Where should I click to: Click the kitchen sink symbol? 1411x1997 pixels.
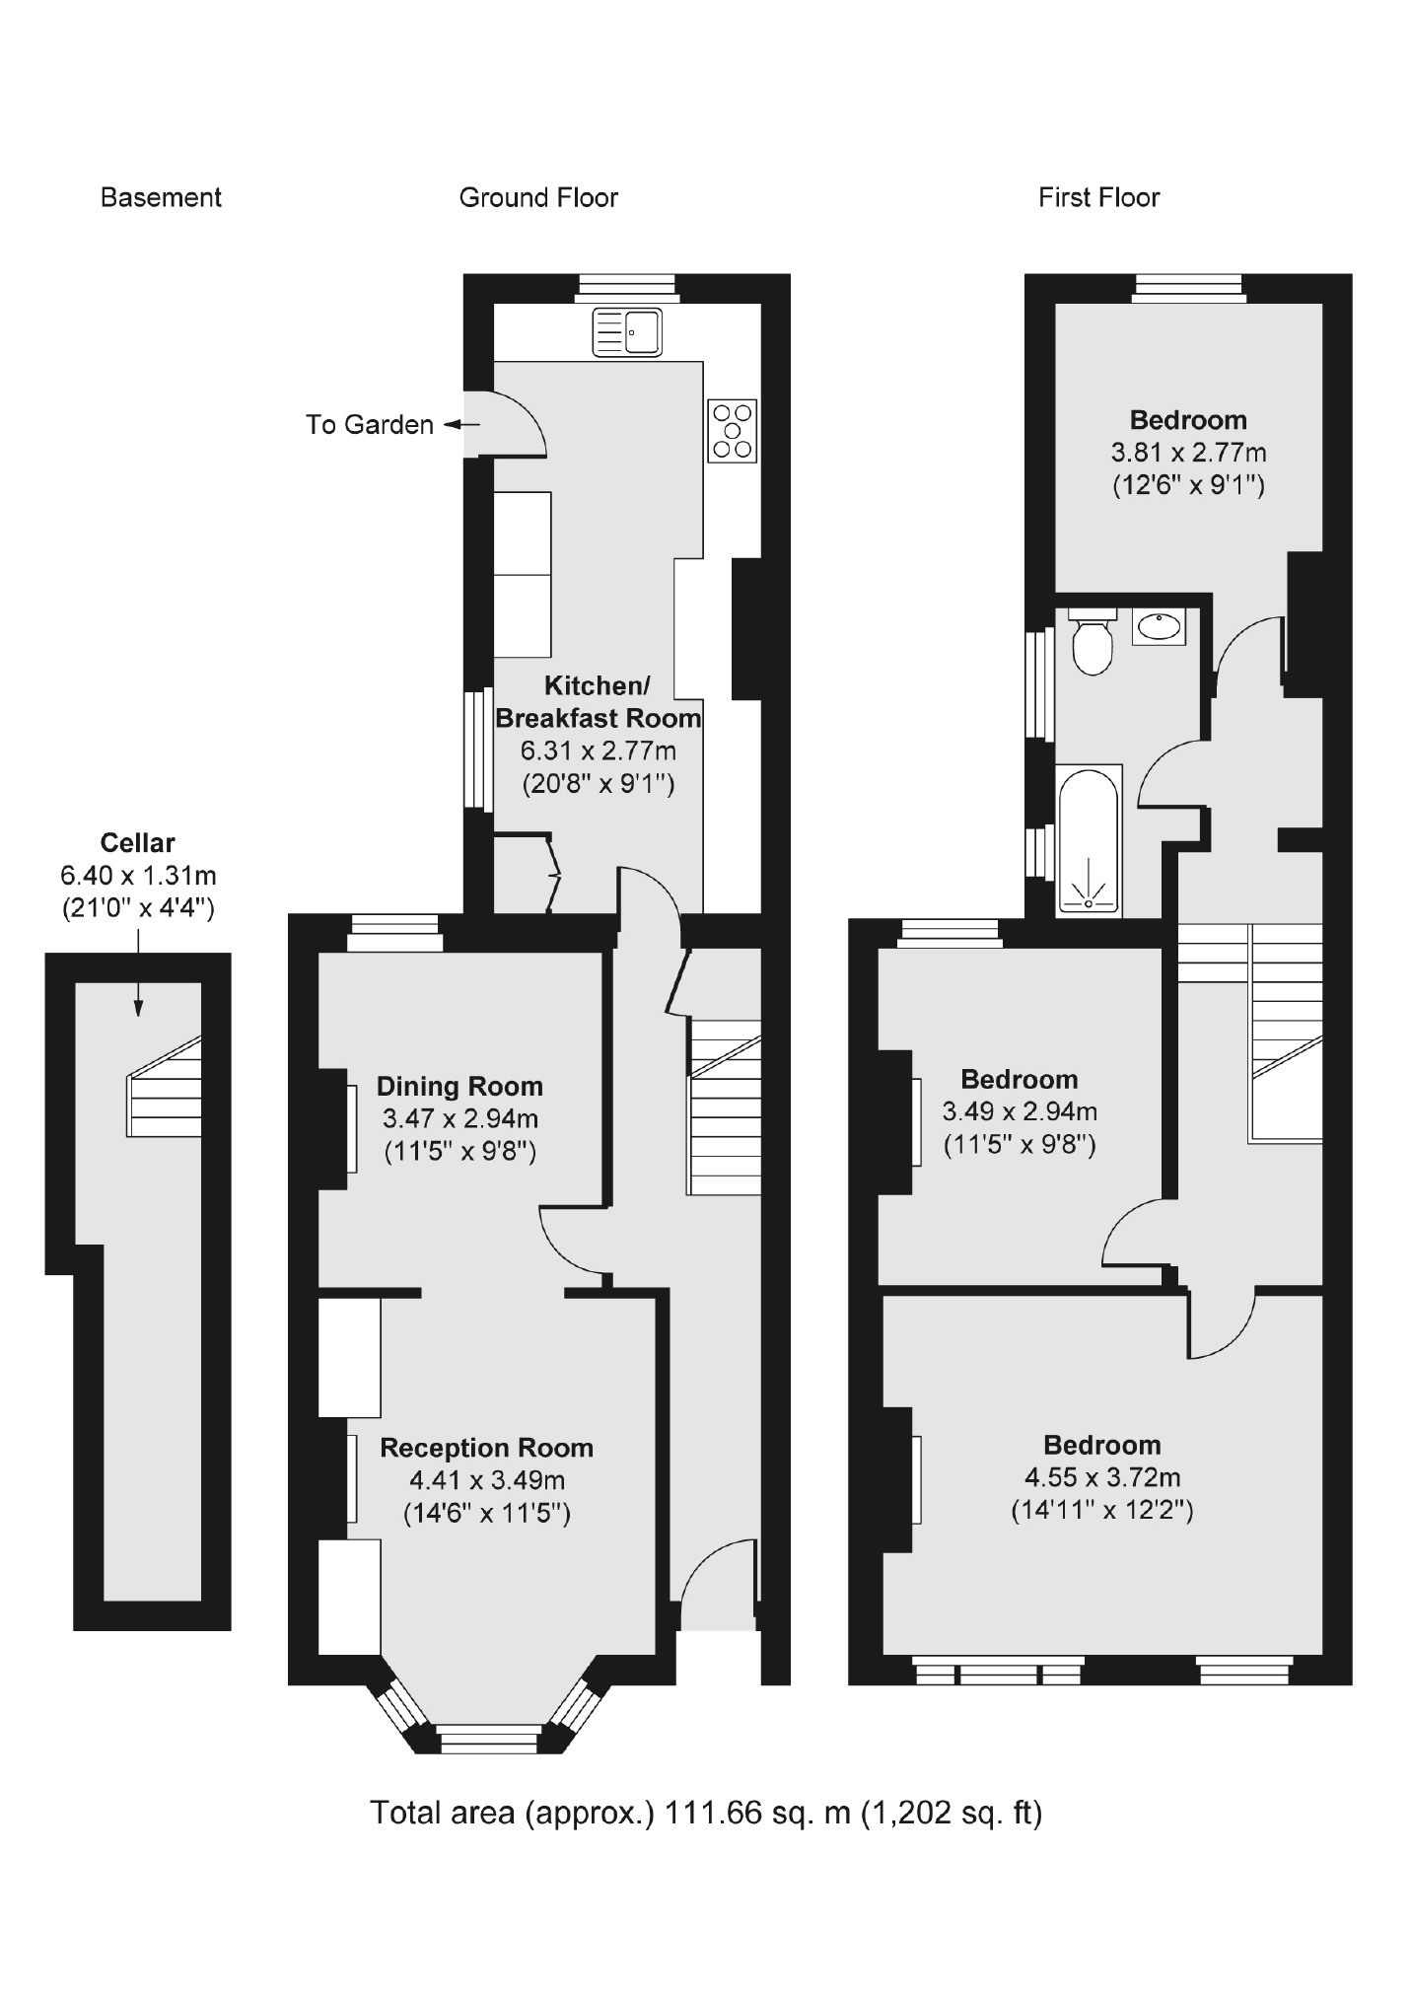coord(626,331)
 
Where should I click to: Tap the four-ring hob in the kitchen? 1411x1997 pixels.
coord(732,430)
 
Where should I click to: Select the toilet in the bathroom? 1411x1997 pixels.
coord(1092,643)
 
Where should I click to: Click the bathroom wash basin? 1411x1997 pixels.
coord(1159,626)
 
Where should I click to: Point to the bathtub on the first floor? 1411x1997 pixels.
coord(1089,839)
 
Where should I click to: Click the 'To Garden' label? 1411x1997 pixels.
coord(369,425)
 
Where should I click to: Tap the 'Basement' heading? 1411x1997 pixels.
coord(161,198)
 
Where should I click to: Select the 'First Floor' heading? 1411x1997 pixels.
coord(1098,198)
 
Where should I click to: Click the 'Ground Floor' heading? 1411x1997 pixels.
coord(538,198)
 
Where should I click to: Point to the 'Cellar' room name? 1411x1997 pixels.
coord(137,843)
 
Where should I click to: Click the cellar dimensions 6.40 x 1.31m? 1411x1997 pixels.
coord(138,876)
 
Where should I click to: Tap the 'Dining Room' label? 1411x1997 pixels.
coord(459,1087)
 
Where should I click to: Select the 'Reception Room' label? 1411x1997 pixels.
coord(486,1448)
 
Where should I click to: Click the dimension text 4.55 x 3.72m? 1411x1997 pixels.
coord(1102,1477)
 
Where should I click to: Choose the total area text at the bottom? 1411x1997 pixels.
coord(705,1813)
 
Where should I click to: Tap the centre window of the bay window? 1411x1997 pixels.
coord(490,1739)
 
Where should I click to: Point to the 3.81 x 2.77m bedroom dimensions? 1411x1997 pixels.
coord(1188,453)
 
